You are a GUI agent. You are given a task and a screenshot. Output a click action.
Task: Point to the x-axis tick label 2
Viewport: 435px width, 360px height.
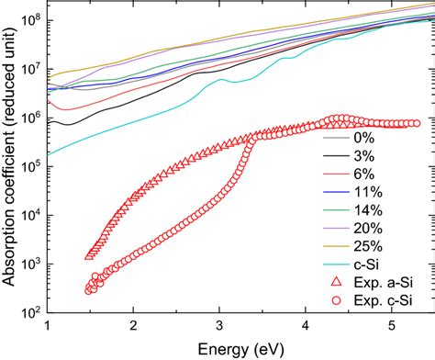tap(134, 326)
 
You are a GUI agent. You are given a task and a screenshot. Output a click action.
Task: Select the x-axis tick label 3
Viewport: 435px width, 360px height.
tap(220, 326)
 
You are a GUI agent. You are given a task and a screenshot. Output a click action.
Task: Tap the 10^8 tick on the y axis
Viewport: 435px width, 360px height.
tap(30, 17)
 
